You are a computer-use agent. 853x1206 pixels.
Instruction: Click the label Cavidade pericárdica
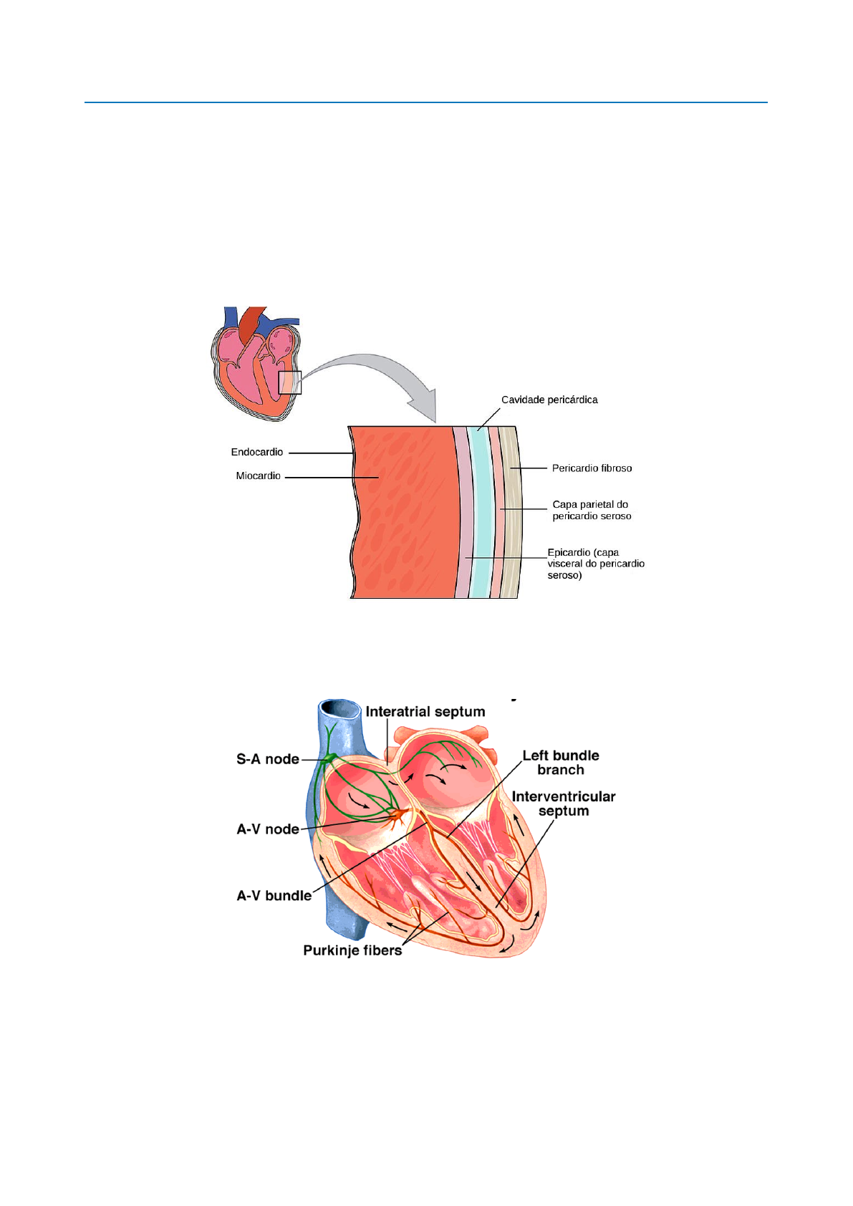coord(549,400)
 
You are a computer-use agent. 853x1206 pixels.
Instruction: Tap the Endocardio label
coord(256,452)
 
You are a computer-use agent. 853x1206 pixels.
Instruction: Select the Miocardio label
coord(258,476)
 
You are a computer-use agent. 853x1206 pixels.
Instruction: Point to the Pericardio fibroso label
coord(592,468)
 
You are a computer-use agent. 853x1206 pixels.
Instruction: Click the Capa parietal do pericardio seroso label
coord(592,510)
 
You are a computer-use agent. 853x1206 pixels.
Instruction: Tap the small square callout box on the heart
coord(290,382)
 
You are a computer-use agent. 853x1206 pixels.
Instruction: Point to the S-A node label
coord(267,759)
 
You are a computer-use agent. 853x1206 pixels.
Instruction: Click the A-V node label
coord(267,829)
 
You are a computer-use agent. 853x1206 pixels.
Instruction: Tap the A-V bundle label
coord(274,896)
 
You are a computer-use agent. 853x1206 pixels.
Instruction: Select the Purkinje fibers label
coord(352,950)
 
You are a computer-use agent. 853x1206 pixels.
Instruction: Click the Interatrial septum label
coord(425,712)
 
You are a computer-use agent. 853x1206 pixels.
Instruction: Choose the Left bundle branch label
coord(561,763)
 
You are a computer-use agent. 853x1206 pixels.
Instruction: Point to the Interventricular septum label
coord(564,804)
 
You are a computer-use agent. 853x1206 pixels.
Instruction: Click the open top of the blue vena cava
coord(340,709)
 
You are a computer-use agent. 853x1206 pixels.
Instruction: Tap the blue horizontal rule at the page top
coord(425,102)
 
